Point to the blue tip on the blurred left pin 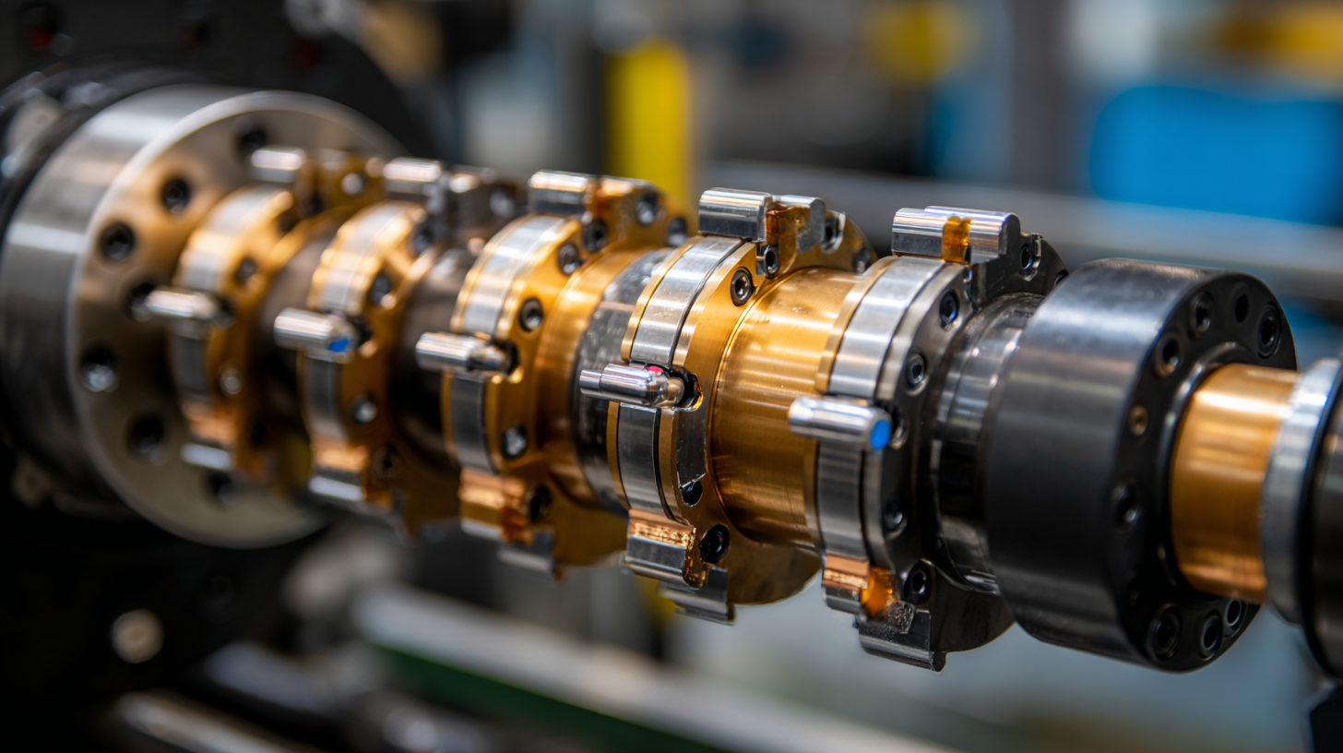tap(339, 345)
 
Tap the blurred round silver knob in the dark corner tap(137, 636)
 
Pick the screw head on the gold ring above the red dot tap(741, 286)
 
